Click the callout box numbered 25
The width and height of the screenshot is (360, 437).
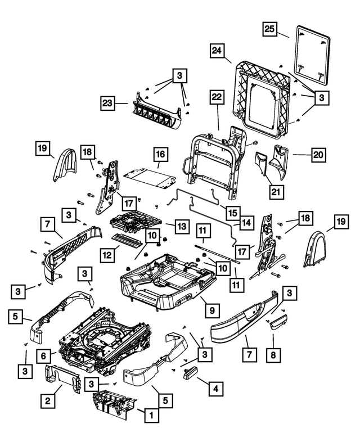click(x=271, y=29)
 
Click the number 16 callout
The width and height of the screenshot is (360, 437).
click(x=161, y=154)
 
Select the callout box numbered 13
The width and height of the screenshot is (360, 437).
click(x=181, y=226)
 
